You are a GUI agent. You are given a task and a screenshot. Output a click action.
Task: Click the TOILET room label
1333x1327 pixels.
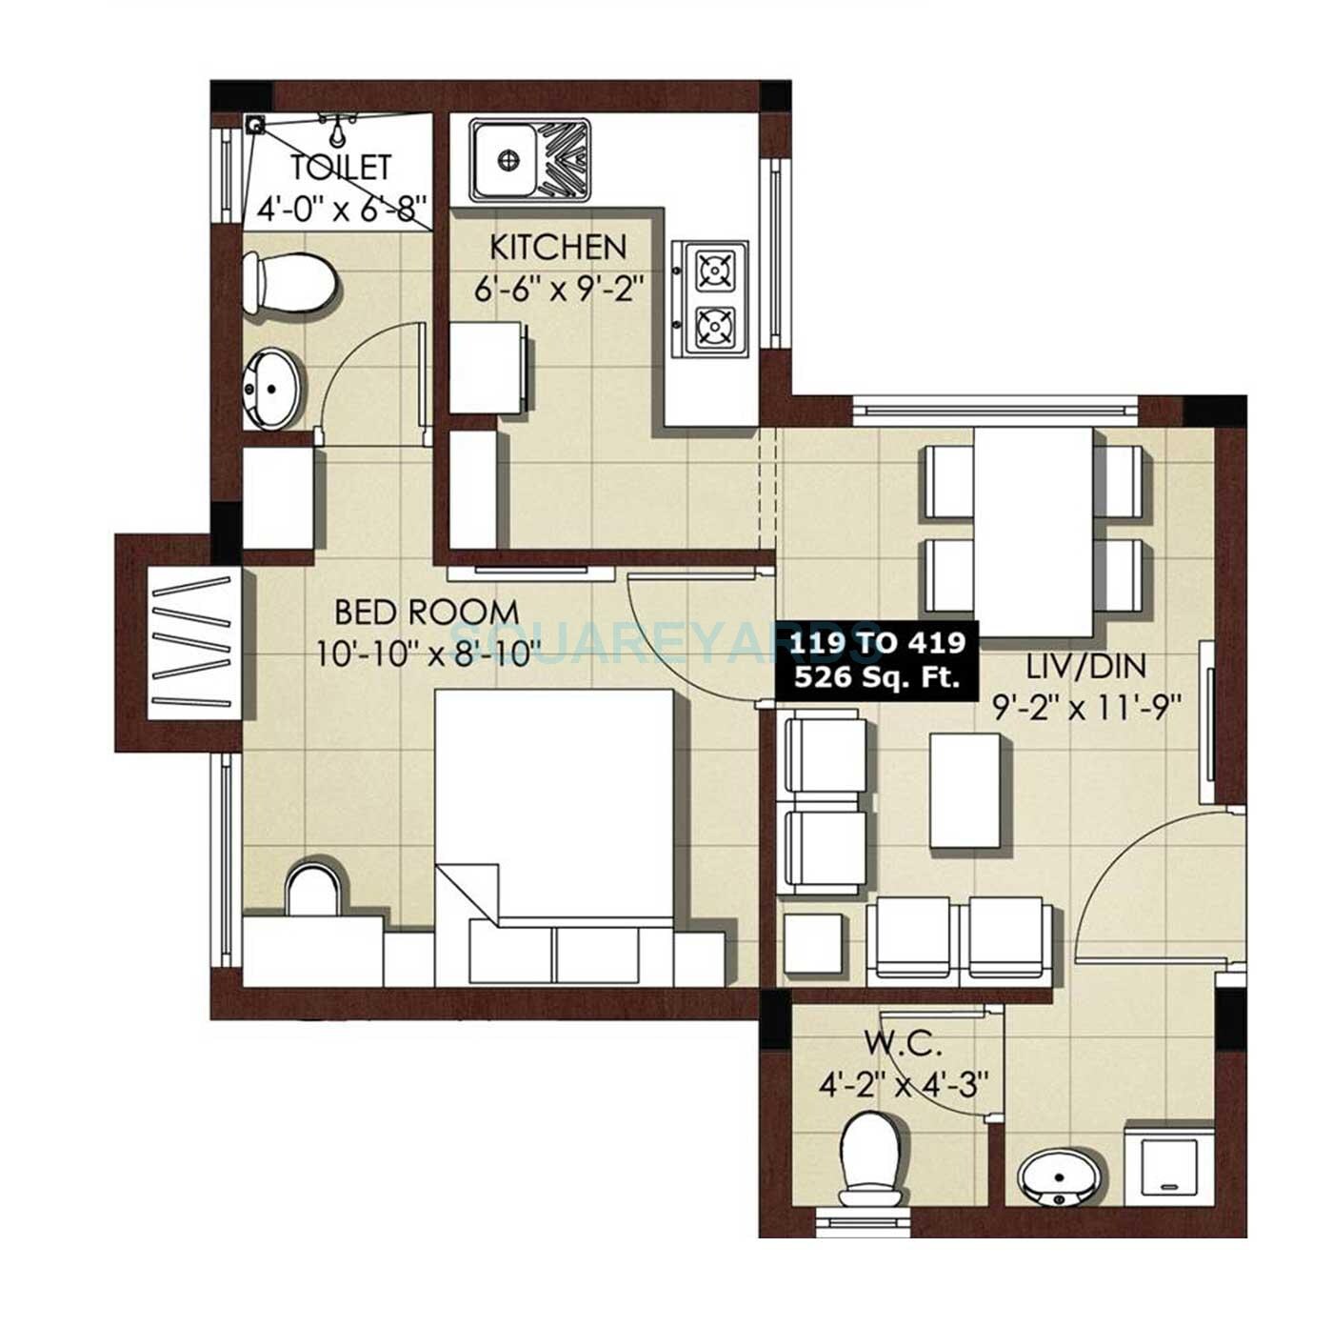click(340, 168)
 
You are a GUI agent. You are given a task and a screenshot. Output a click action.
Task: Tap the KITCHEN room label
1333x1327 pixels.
click(558, 248)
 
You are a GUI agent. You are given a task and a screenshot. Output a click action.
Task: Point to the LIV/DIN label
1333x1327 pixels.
click(1084, 666)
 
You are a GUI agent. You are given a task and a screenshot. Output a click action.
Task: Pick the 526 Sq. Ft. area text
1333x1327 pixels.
click(872, 678)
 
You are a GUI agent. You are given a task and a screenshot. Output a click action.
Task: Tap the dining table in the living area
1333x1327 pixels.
click(1033, 532)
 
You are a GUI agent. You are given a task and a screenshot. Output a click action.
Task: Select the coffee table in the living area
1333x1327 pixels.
click(966, 791)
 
